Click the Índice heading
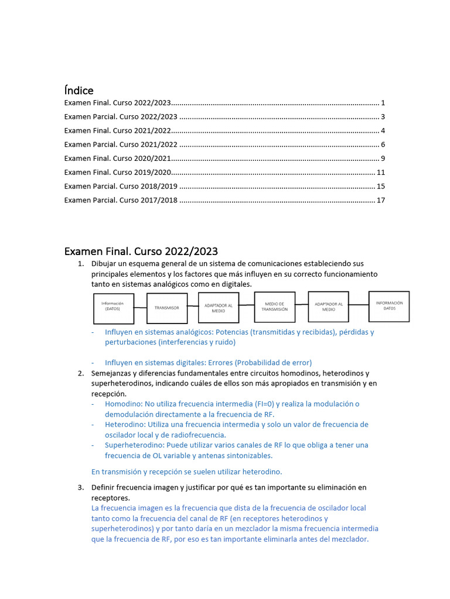[79, 90]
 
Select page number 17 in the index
[380, 201]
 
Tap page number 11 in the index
[380, 173]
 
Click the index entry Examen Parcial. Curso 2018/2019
[121, 187]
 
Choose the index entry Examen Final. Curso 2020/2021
[117, 159]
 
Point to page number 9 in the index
[383, 159]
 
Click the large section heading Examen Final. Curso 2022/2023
[141, 252]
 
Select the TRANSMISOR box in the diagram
[167, 308]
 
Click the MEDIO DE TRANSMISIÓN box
[275, 307]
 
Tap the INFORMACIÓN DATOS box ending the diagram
[389, 306]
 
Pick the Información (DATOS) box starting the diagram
[113, 308]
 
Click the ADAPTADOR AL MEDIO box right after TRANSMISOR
[219, 308]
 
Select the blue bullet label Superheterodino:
[134, 445]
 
